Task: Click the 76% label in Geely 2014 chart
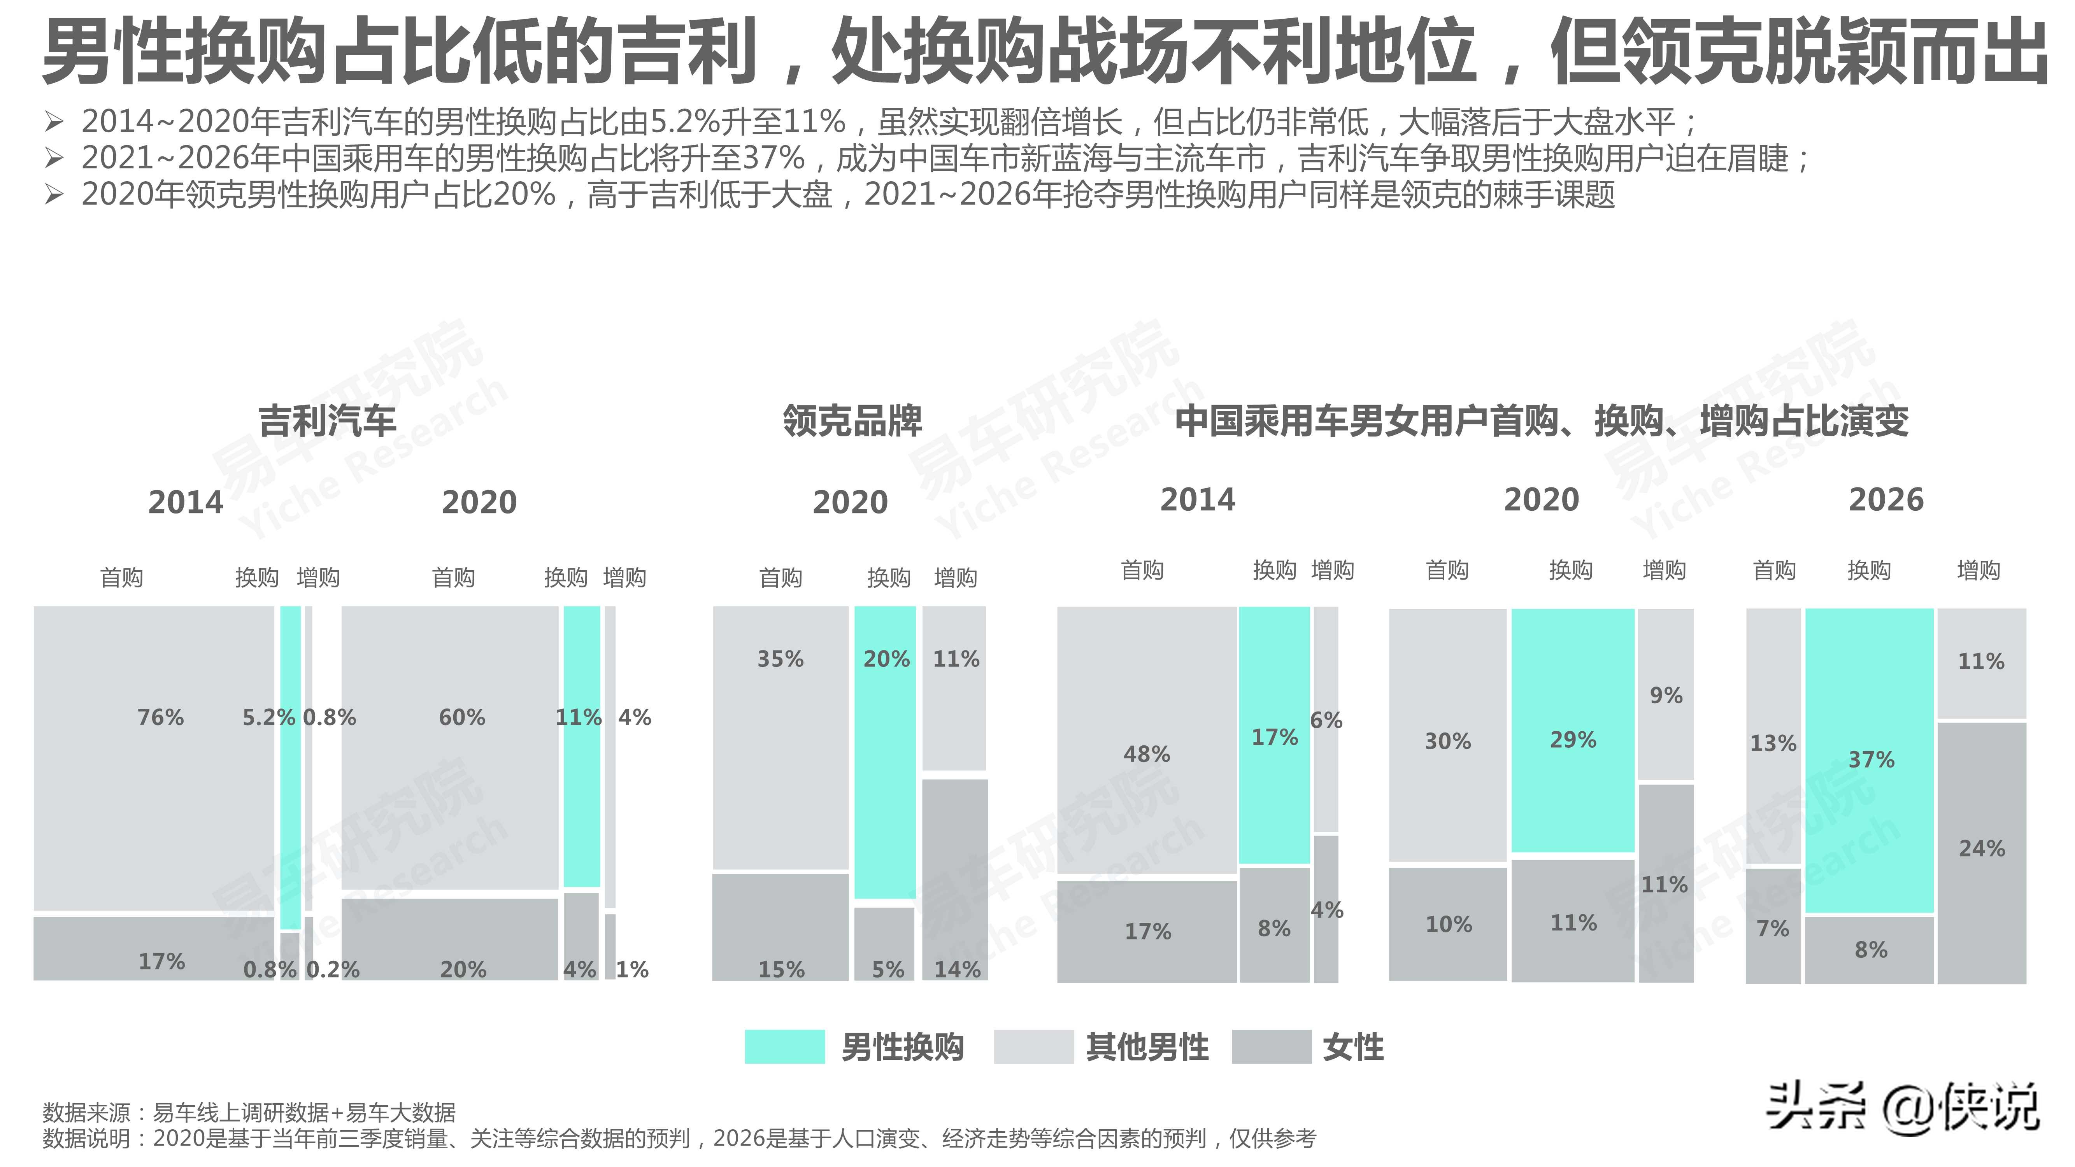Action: pos(160,717)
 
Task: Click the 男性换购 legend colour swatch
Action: pos(784,1046)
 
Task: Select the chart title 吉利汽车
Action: pos(327,421)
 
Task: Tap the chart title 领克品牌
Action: pos(852,421)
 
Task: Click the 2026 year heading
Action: pos(1886,500)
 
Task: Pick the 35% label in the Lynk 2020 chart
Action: pos(780,659)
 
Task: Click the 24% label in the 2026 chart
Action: pos(1982,848)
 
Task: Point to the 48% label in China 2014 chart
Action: pos(1146,754)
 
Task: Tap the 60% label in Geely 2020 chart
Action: pos(461,717)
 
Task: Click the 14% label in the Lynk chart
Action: pos(957,969)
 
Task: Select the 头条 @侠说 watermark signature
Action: pos(1903,1107)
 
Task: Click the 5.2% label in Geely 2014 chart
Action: pos(268,717)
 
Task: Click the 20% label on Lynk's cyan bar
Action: pos(886,659)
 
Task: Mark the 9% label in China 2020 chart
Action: pos(1666,695)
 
